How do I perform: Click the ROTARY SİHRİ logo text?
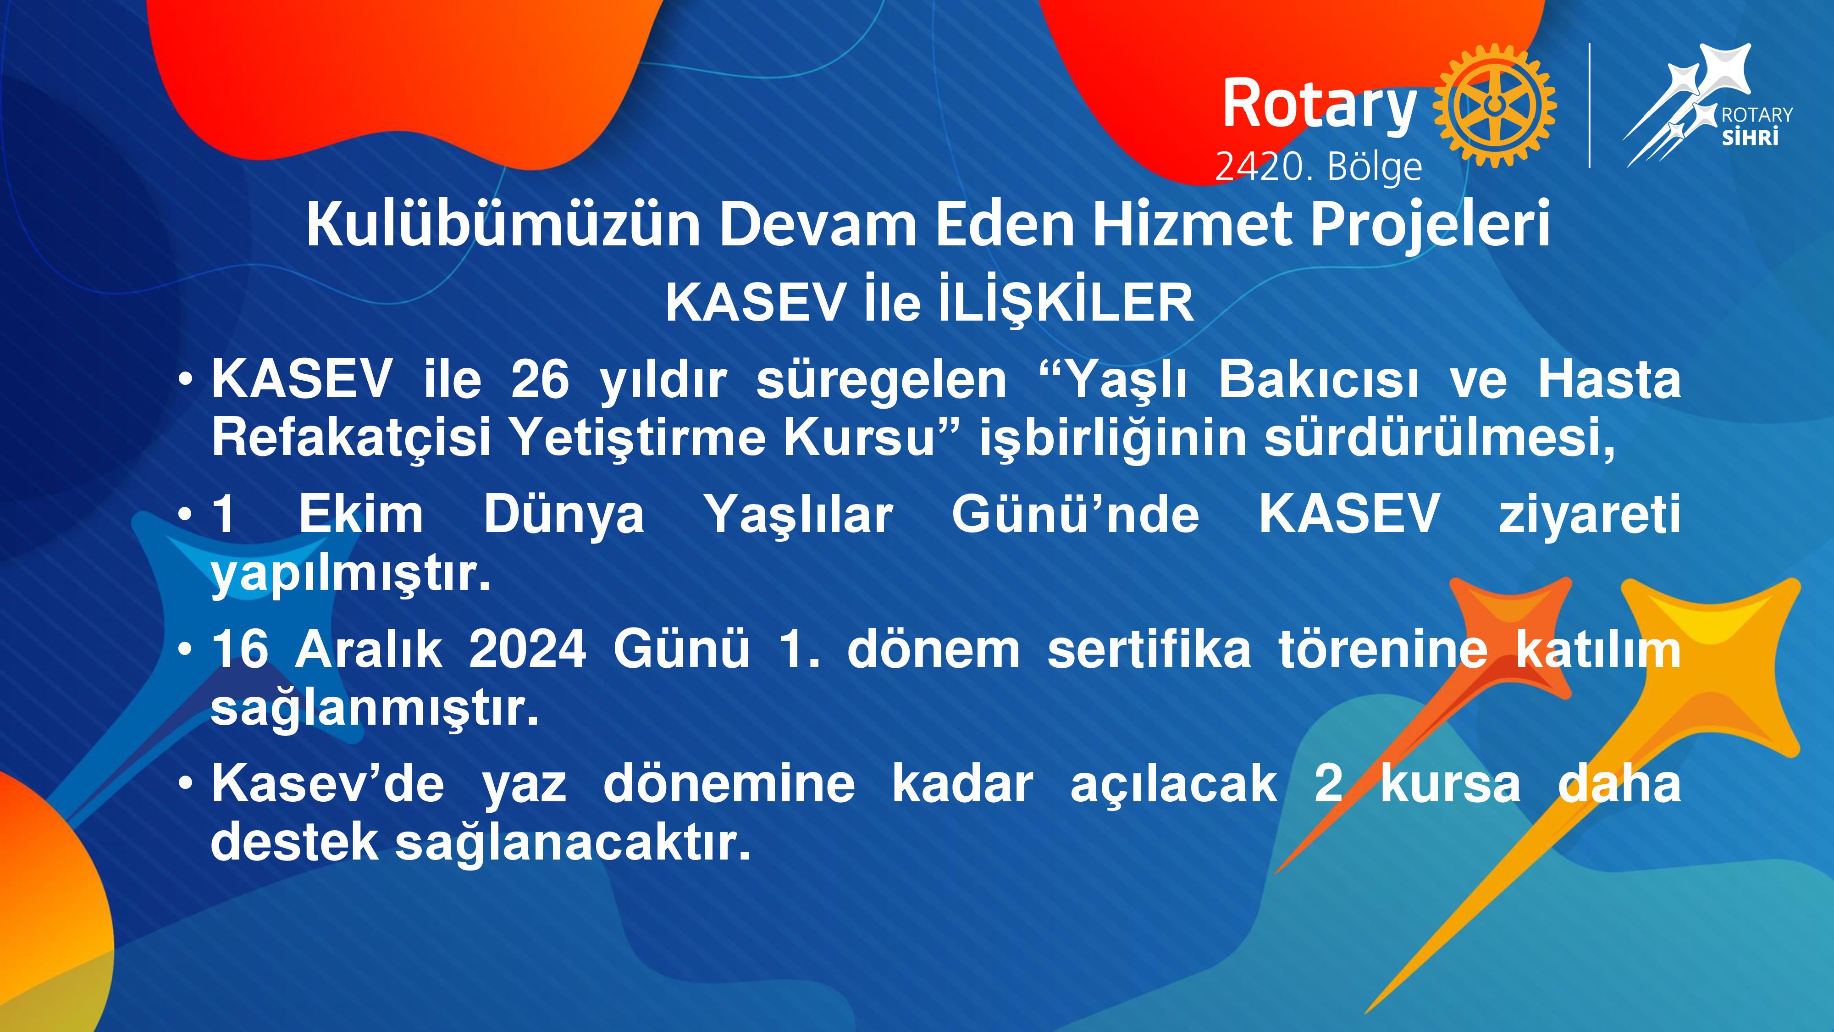pos(1757,126)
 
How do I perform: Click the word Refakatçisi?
pos(351,439)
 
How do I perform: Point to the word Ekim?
pos(360,514)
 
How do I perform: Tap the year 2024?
pos(528,649)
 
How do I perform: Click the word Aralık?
pos(369,649)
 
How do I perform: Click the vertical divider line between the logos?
pos(1589,105)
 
